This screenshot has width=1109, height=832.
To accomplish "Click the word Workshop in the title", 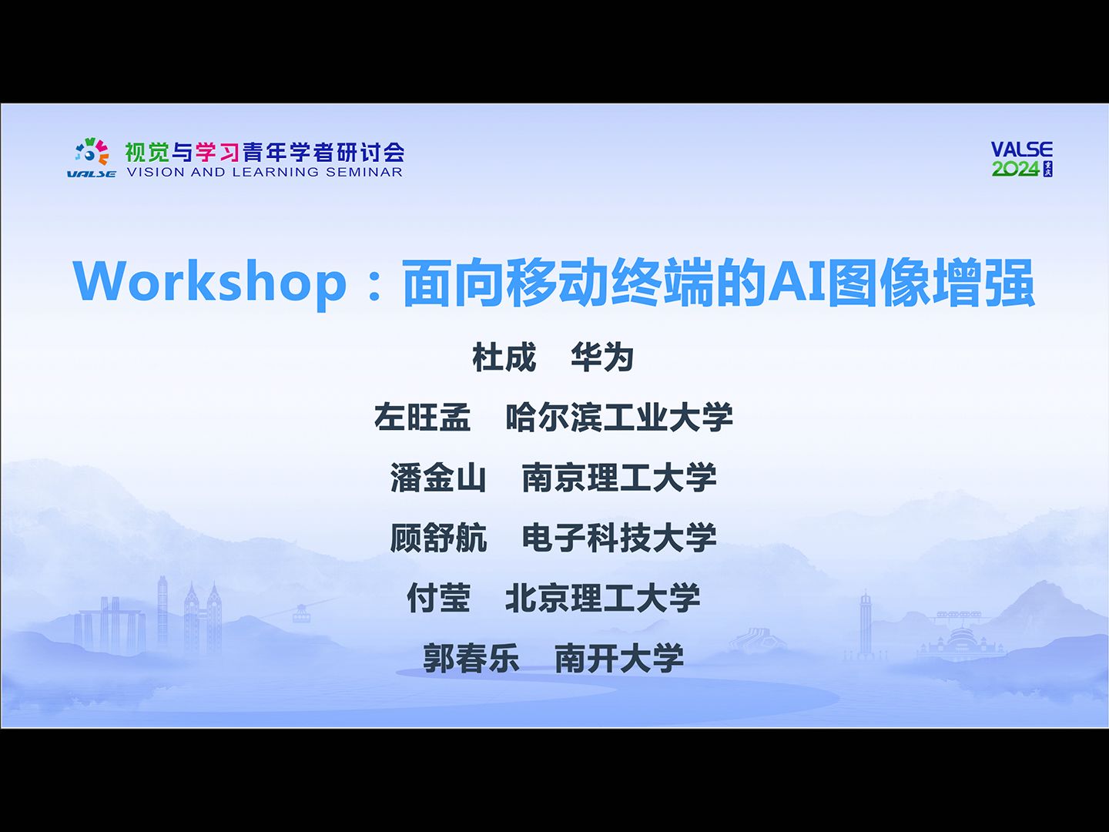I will tap(209, 282).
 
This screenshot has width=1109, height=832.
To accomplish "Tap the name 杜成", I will tap(504, 357).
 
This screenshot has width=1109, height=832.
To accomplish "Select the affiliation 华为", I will tap(602, 357).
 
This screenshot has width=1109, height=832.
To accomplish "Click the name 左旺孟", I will tap(422, 418).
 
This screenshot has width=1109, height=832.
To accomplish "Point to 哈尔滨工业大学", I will tap(619, 418).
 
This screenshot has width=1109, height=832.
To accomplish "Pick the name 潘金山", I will tap(438, 478).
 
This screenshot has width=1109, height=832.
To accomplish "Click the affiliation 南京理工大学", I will tap(619, 478).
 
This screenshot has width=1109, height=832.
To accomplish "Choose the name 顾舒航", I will tap(438, 538).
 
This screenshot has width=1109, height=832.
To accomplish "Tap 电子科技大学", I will tap(619, 538).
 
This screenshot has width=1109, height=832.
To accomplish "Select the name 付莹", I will tap(438, 598).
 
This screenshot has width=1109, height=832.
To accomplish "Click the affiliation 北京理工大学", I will tap(603, 598).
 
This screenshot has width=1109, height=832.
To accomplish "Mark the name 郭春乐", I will tap(471, 658).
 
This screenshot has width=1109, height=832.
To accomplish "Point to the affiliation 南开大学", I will tap(619, 658).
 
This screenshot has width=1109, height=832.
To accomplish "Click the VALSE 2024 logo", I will tap(1021, 159).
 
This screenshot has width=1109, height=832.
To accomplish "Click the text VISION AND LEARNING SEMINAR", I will tap(264, 173).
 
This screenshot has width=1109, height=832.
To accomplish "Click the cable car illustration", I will tap(300, 613).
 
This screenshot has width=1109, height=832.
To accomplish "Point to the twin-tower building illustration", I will tap(203, 616).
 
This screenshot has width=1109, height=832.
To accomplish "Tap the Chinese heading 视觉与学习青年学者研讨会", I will tap(264, 152).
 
